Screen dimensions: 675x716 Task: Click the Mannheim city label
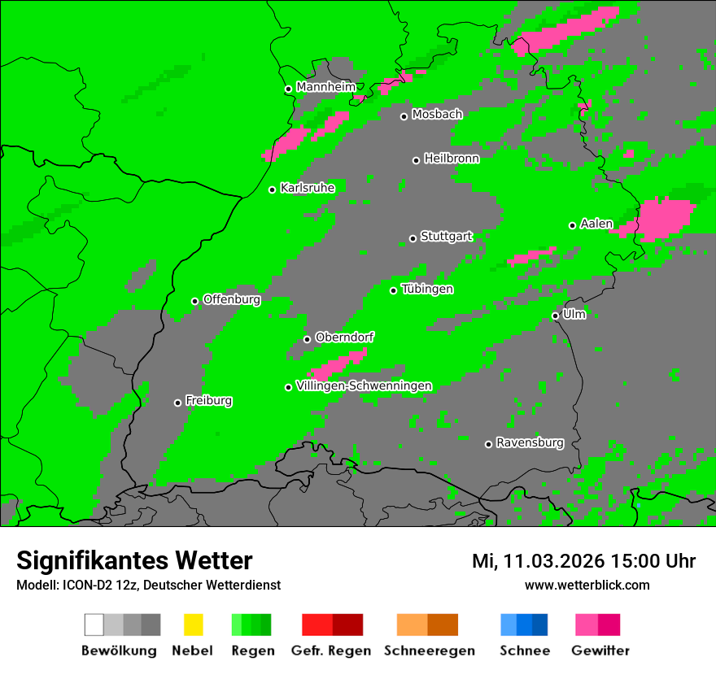[325, 87]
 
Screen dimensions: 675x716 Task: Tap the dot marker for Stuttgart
[413, 238]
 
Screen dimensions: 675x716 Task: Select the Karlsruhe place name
[307, 188]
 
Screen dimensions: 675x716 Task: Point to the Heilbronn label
[452, 159]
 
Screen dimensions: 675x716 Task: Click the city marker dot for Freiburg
[177, 403]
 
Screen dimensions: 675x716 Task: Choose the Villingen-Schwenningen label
[364, 385]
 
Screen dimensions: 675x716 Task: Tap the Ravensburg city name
[530, 442]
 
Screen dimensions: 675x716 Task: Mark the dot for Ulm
[555, 316]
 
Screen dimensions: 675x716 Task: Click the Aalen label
[596, 224]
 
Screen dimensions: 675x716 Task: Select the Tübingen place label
[427, 289]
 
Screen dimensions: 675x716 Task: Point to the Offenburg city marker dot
[194, 301]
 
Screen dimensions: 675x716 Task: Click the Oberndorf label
[344, 337]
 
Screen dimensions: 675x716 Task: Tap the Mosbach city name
[437, 115]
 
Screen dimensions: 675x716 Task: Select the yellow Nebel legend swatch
[193, 625]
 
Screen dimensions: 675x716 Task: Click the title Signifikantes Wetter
[134, 560]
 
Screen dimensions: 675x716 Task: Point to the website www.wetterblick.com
[587, 585]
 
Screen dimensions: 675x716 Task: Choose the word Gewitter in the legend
[600, 651]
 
